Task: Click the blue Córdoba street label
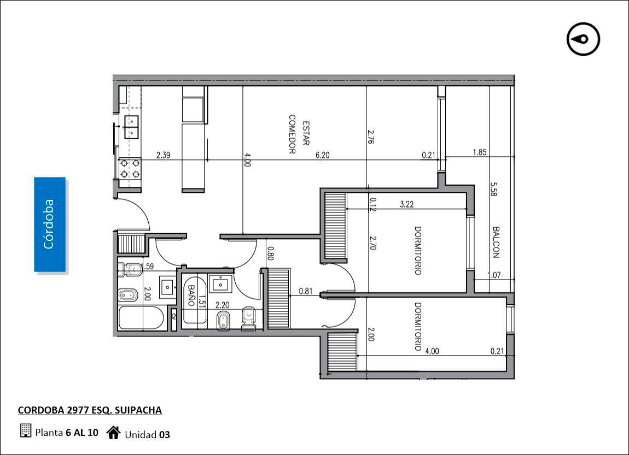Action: point(50,224)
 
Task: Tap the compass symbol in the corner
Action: point(583,39)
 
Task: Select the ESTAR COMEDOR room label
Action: point(299,134)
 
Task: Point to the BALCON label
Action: point(496,242)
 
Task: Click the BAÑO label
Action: point(191,295)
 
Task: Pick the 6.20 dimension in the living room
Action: point(323,155)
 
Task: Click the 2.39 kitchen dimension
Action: point(164,155)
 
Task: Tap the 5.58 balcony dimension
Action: point(494,190)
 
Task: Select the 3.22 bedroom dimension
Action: point(407,204)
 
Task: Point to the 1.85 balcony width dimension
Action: point(479,152)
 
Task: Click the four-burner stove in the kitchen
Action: point(130,169)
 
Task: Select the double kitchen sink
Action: point(131,127)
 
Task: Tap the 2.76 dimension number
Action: point(371,136)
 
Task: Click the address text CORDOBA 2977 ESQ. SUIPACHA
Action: point(90,410)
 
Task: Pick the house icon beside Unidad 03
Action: point(114,433)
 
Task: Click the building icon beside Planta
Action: point(25,430)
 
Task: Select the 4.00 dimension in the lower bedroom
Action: point(432,351)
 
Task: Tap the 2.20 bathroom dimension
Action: point(222,305)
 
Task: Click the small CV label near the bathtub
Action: point(173,316)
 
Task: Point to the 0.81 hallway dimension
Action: point(306,291)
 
